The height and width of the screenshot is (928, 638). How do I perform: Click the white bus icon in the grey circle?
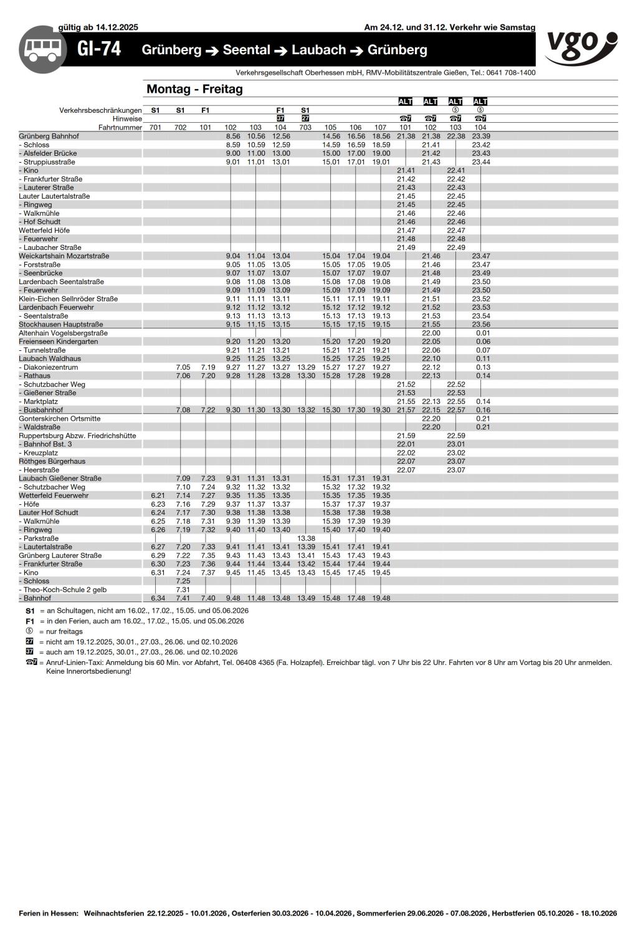tap(43, 50)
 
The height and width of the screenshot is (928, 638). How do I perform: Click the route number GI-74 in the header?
tap(99, 49)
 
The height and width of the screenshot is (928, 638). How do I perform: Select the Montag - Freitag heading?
tap(194, 89)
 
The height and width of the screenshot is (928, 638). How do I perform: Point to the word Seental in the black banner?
tap(247, 50)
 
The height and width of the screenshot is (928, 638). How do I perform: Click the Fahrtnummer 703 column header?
tap(305, 128)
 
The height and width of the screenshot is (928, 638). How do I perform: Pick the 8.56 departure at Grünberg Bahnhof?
tap(233, 136)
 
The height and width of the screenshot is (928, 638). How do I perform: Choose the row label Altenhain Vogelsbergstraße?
tap(63, 333)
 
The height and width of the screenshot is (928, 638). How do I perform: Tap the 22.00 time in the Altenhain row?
tap(431, 333)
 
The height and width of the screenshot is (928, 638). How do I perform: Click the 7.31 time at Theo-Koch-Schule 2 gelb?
tap(183, 590)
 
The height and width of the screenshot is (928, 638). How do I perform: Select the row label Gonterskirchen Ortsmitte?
tap(59, 419)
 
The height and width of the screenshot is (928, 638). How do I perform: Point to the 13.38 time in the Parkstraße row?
tap(306, 538)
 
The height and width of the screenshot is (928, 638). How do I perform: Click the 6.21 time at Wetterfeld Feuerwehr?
tap(158, 495)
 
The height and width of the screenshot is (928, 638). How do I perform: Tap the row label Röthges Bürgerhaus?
tap(52, 461)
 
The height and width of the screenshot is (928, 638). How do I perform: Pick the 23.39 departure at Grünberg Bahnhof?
tap(480, 136)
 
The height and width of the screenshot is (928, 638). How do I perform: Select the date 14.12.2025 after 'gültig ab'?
tap(117, 27)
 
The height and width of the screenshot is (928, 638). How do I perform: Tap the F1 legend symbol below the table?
tap(30, 621)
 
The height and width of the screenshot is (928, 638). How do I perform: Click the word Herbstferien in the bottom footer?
tap(513, 913)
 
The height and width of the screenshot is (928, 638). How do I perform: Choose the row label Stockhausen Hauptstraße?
tap(60, 325)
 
